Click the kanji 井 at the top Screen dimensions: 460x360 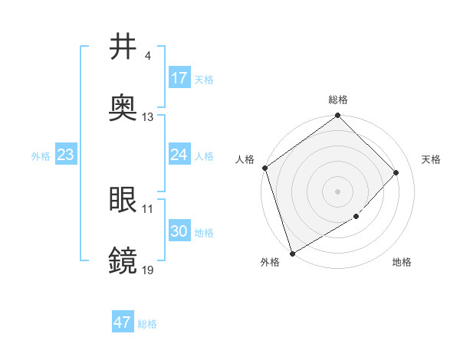pyautogui.click(x=123, y=47)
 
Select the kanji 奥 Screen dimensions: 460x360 pyautogui.click(x=123, y=108)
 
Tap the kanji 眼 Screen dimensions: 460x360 pyautogui.click(x=123, y=200)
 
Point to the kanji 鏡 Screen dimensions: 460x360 pyautogui.click(x=123, y=260)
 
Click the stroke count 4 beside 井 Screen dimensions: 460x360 pyautogui.click(x=147, y=57)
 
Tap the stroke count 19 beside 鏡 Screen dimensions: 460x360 pyautogui.click(x=147, y=270)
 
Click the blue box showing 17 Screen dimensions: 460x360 pyautogui.click(x=179, y=78)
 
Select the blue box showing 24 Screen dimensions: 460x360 pyautogui.click(x=179, y=155)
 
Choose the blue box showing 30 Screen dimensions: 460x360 pyautogui.click(x=179, y=231)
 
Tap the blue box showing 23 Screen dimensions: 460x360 pyautogui.click(x=65, y=155)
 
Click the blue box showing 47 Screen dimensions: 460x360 pyautogui.click(x=123, y=322)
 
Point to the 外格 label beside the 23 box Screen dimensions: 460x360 pyautogui.click(x=41, y=155)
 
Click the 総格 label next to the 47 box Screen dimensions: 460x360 pyautogui.click(x=147, y=324)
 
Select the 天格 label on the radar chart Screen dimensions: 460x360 pyautogui.click(x=431, y=159)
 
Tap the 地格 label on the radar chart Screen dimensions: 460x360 pyautogui.click(x=402, y=263)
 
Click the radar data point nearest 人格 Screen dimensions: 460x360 pyautogui.click(x=264, y=168)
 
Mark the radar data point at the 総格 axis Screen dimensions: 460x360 pyautogui.click(x=337, y=117)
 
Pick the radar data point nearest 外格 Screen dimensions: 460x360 pyautogui.click(x=292, y=253)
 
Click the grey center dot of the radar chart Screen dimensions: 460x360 pyautogui.click(x=337, y=191)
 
